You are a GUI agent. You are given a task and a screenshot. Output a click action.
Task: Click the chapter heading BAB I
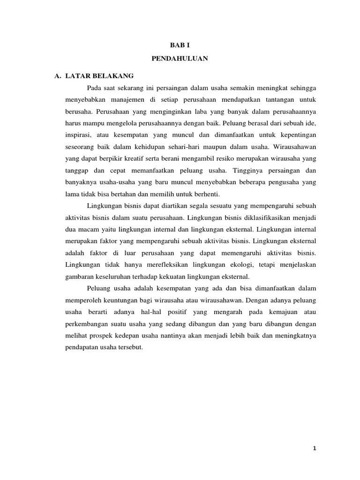tap(180, 45)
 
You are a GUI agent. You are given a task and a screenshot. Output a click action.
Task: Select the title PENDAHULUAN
tap(180, 59)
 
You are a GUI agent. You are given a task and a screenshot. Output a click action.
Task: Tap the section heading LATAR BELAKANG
tap(99, 75)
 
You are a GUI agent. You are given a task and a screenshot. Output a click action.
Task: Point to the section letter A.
tap(58, 75)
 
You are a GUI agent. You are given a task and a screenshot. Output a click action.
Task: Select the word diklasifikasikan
tap(253, 217)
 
